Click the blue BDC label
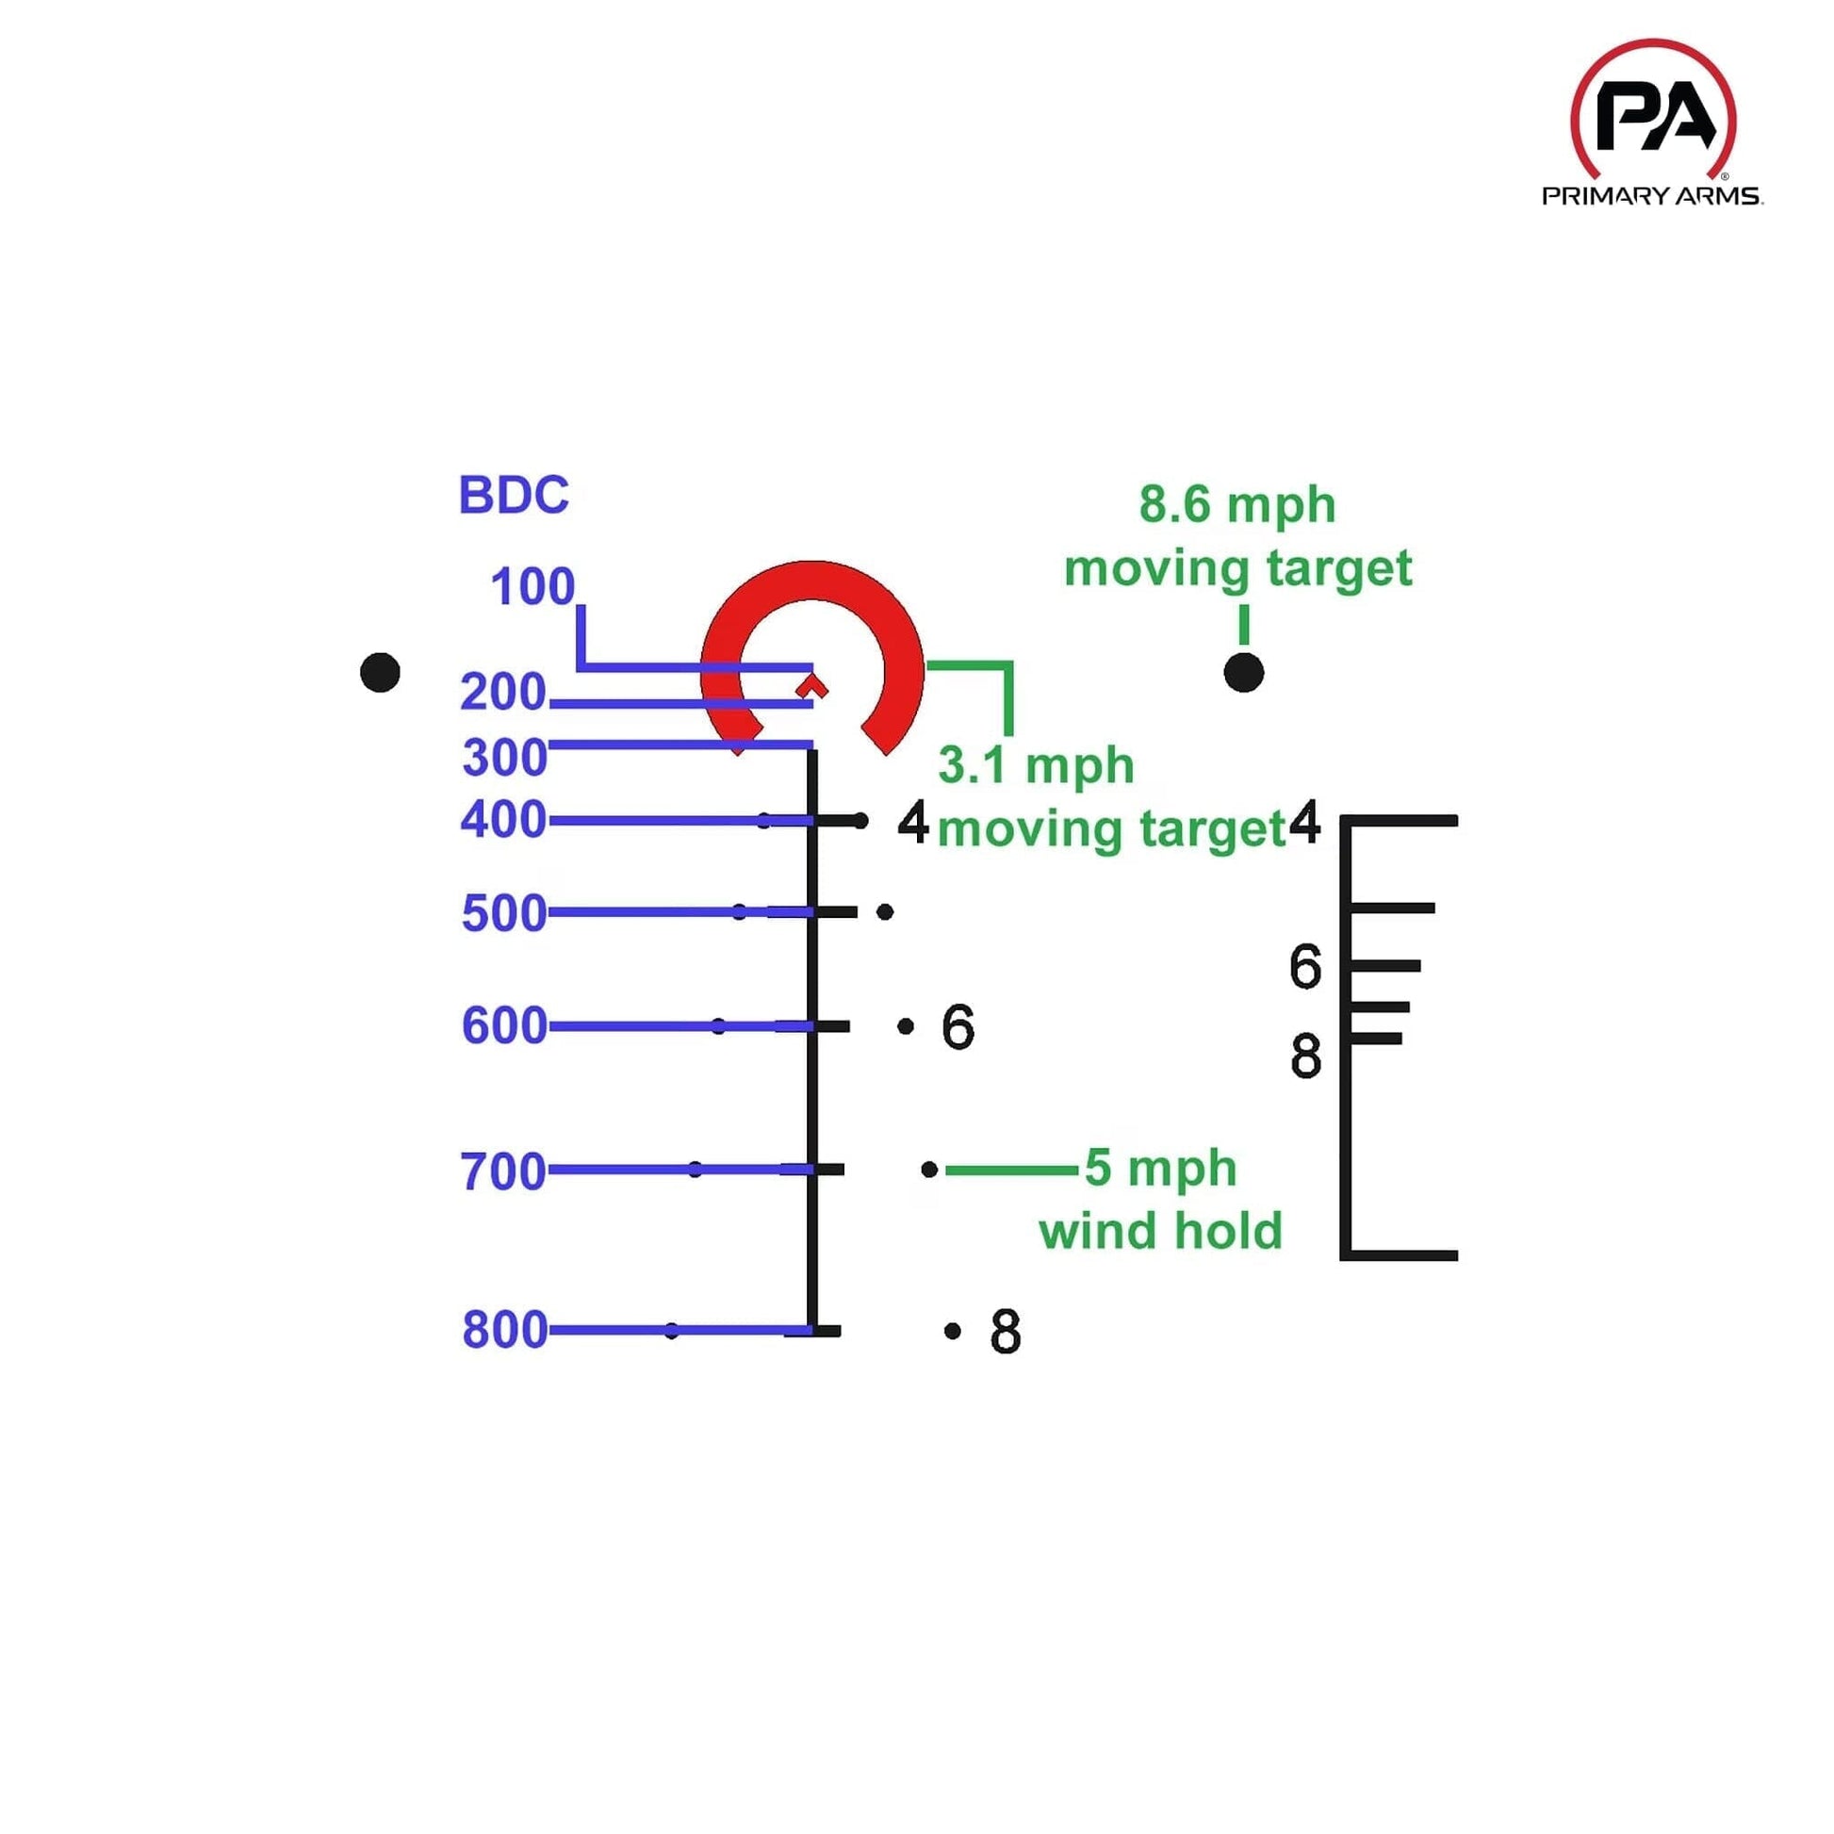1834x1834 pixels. coord(514,495)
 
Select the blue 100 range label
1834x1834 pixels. coord(532,586)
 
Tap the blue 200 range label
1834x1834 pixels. coord(503,692)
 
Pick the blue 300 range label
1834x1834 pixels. coord(504,758)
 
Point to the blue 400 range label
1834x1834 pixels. coord(503,819)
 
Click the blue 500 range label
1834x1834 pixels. coord(504,913)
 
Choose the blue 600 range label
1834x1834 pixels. coord(504,1026)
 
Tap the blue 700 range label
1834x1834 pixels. coord(503,1171)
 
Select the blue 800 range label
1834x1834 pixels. coord(504,1330)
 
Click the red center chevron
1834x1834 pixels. coord(813,685)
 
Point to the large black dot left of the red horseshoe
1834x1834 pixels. coord(380,672)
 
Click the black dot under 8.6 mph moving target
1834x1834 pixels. coord(1243,672)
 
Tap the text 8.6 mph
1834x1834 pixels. coord(1236,504)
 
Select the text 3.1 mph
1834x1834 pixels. coord(1036,765)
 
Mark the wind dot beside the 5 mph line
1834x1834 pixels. coord(929,1170)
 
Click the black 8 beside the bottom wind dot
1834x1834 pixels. coord(1006,1332)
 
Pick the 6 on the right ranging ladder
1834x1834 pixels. coord(1305,966)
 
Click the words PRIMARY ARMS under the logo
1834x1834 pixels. coord(1652,196)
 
